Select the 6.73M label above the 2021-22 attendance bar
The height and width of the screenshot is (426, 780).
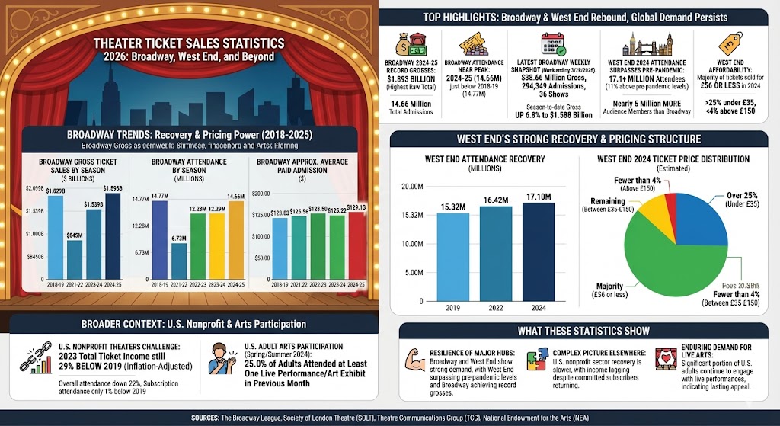tap(178, 239)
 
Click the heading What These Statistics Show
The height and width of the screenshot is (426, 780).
tap(583, 330)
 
